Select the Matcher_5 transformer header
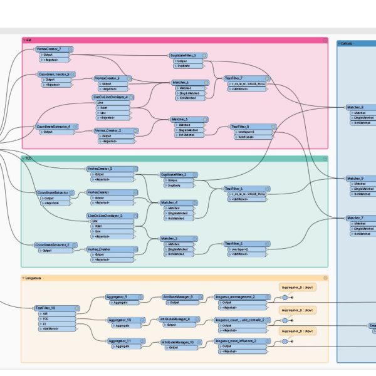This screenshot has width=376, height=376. (179, 119)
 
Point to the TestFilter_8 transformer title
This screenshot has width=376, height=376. (243, 127)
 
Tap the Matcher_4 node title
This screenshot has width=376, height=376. (169, 202)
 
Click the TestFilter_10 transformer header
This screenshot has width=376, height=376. (48, 308)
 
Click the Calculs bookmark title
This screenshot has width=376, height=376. (346, 44)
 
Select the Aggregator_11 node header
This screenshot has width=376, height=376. (119, 342)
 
